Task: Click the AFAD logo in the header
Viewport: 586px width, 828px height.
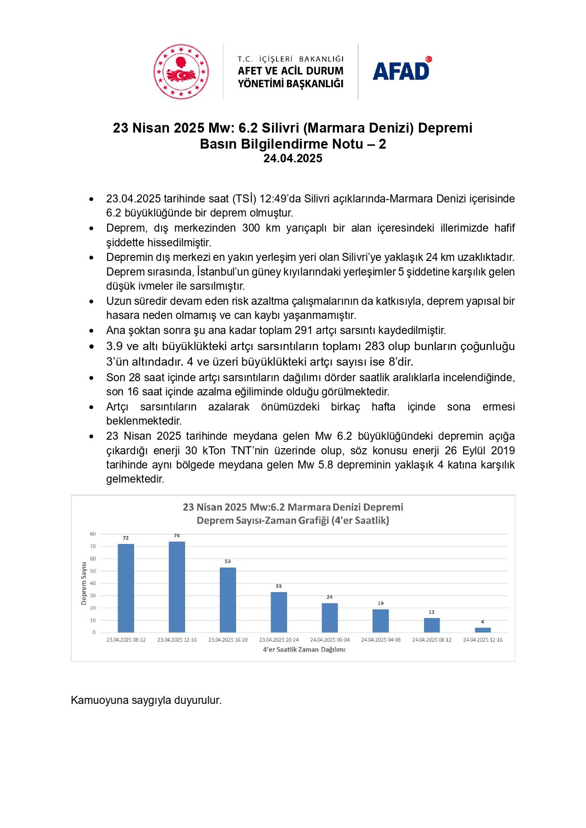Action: (401, 71)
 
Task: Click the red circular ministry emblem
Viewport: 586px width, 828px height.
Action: (181, 72)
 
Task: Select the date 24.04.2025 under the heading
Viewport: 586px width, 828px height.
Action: (293, 159)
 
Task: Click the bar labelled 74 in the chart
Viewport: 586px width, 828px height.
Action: (177, 587)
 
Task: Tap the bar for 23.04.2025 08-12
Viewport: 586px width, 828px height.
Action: (126, 588)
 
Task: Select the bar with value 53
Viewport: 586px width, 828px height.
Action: (228, 600)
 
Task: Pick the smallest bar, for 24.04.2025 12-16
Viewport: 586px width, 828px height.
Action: (483, 630)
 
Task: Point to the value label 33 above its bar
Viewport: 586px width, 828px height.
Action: (279, 586)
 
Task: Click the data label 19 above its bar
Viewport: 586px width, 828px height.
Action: (381, 603)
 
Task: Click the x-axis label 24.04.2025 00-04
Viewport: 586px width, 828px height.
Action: (330, 640)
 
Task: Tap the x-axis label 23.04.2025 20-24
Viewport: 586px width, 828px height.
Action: (279, 640)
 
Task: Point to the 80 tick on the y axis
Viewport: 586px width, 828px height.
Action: (93, 534)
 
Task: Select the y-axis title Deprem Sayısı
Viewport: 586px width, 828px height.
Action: (84, 583)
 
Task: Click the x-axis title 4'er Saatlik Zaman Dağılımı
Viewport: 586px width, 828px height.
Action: (304, 650)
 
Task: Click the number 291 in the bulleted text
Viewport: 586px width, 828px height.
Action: (303, 330)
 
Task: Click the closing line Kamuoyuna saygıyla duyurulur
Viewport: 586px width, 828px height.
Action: (146, 700)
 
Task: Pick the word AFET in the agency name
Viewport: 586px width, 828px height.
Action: (249, 71)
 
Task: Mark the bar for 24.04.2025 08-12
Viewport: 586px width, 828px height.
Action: (432, 625)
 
